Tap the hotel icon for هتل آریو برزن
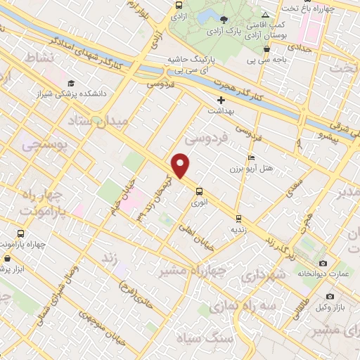pos(251,157)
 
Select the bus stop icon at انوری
pos(199,191)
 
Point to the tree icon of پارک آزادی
pos(224,19)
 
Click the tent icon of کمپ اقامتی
pos(265,15)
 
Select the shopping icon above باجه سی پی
pos(267,49)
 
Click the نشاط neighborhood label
pos(39,57)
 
